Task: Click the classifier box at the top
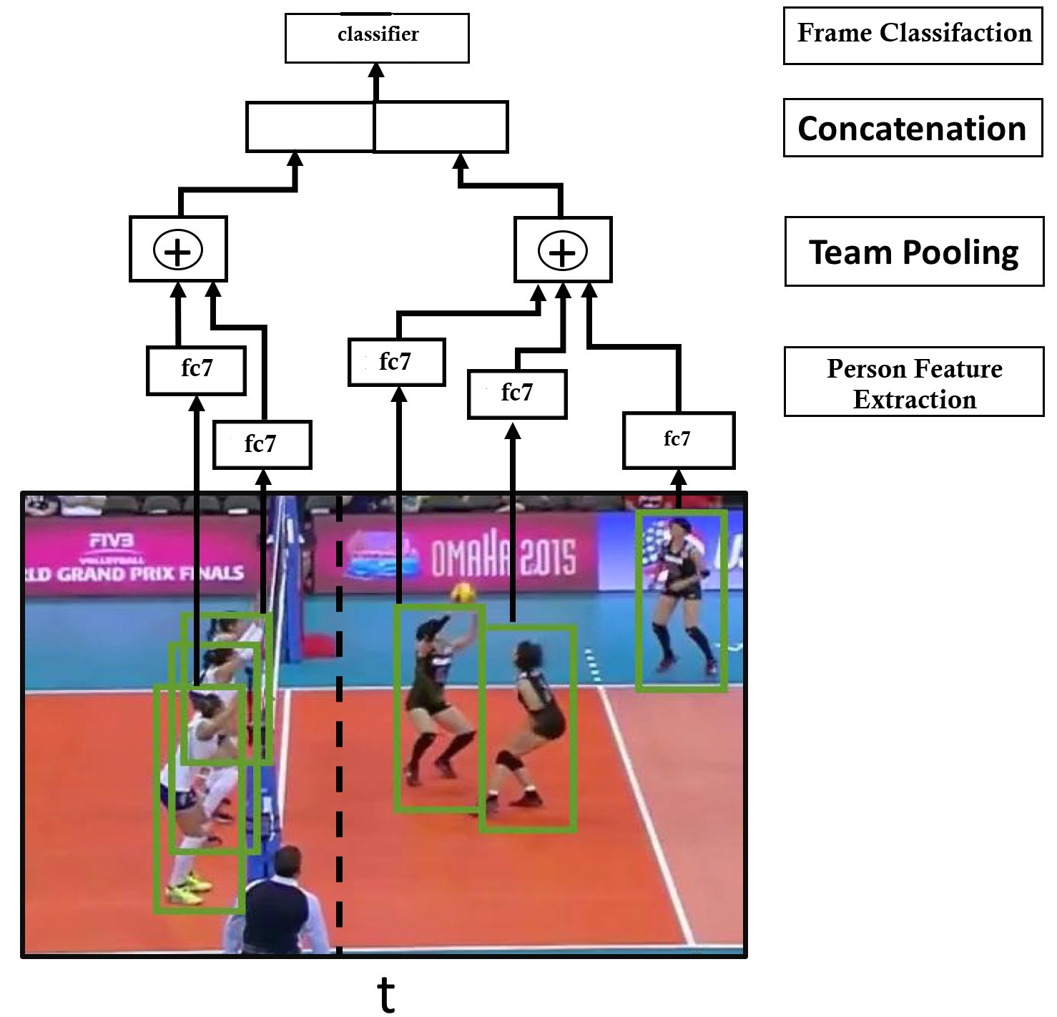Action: click(x=377, y=37)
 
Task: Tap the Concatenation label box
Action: click(x=913, y=128)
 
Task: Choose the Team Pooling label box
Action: click(x=914, y=252)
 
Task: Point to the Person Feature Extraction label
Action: click(x=914, y=383)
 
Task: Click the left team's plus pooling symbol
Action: click(x=178, y=250)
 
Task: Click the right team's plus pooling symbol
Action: click(x=562, y=251)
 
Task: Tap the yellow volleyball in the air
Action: click(x=461, y=593)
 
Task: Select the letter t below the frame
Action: click(x=386, y=993)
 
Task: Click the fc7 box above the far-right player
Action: click(x=678, y=440)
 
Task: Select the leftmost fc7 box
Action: click(x=196, y=370)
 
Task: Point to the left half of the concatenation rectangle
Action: click(x=310, y=127)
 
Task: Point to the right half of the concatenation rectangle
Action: click(x=441, y=127)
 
